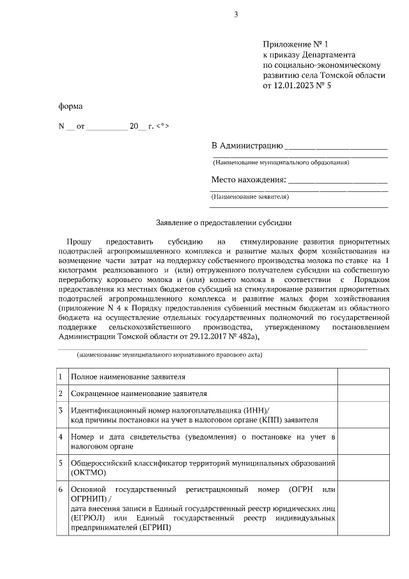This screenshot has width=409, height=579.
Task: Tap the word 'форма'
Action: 70,106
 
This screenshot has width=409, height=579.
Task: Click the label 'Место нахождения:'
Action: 249,180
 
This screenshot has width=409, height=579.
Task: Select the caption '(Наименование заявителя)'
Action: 250,197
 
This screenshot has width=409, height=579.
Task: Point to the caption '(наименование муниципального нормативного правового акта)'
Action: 169,354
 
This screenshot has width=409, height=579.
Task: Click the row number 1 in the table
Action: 60,377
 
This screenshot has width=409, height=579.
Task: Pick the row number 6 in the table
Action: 60,490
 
